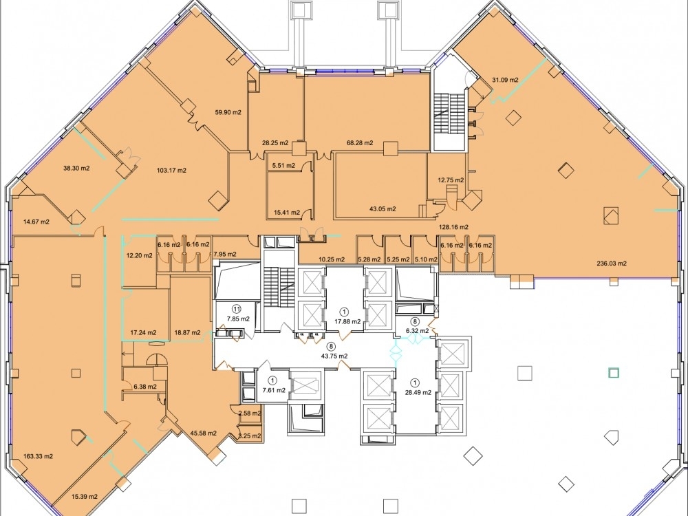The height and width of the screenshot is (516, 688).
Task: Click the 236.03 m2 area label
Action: [x=611, y=264]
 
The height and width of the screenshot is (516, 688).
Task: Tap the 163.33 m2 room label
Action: [x=38, y=456]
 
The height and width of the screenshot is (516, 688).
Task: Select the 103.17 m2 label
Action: [x=171, y=170]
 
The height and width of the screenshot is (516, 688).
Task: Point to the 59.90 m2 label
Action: [x=228, y=112]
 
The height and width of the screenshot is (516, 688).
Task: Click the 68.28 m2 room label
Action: [x=360, y=142]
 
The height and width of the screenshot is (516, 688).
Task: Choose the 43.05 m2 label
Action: [x=382, y=209]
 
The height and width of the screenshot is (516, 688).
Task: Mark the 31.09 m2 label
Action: [x=505, y=80]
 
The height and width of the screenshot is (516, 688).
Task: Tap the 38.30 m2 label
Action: [x=76, y=168]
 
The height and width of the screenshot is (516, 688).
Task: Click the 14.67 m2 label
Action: [x=36, y=222]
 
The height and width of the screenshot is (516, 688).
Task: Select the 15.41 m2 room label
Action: [x=287, y=213]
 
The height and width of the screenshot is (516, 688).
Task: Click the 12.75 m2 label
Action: [x=451, y=180]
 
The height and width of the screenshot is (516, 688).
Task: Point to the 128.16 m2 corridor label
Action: [x=455, y=227]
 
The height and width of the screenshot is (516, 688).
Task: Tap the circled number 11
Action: [x=237, y=309]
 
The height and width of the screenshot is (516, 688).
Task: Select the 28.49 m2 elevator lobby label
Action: [x=418, y=393]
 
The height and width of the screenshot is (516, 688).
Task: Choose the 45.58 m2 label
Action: [x=203, y=433]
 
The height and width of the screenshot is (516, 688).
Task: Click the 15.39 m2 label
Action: [x=84, y=497]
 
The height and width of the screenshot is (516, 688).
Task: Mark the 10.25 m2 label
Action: [x=332, y=259]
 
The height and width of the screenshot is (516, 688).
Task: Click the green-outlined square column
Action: [x=614, y=373]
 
